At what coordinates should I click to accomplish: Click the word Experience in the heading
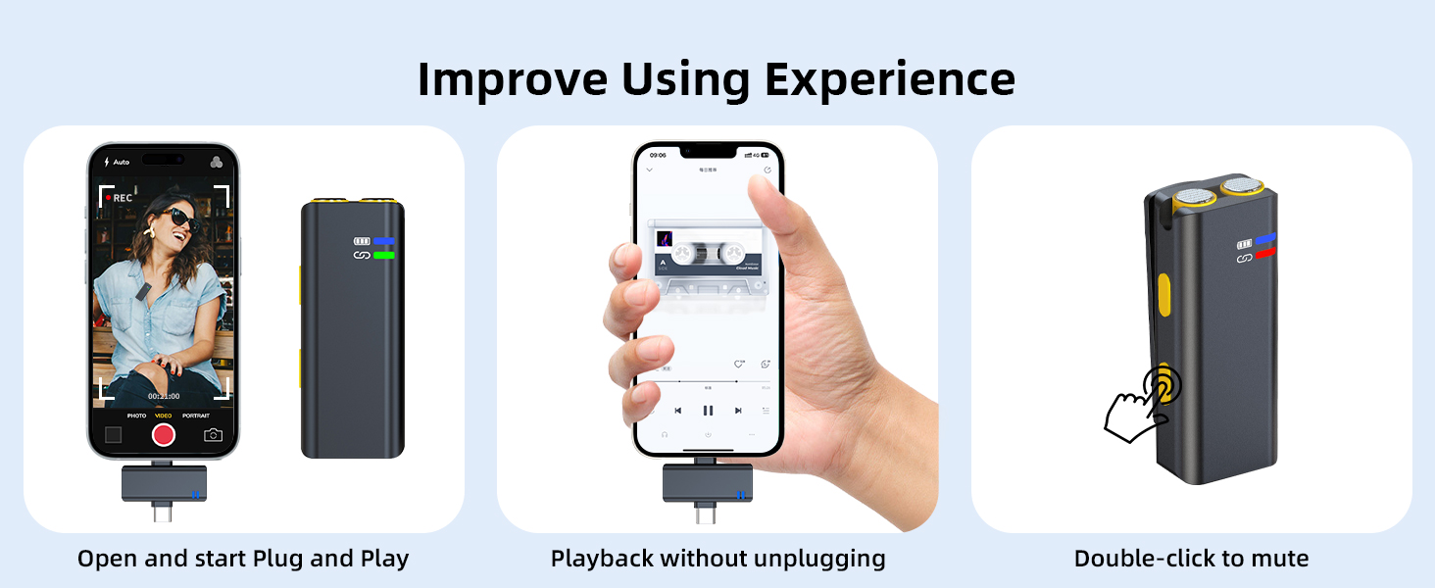[890, 79]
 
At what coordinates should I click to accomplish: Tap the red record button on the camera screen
[163, 434]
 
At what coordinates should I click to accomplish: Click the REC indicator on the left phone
[121, 198]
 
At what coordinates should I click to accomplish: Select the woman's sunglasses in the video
[185, 219]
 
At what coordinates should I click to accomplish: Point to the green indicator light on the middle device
[383, 256]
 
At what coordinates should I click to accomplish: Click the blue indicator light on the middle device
[383, 241]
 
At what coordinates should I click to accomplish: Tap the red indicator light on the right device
[1265, 254]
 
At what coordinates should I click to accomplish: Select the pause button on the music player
[708, 411]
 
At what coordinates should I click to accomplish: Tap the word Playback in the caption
[601, 560]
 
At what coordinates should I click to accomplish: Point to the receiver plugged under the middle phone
[707, 483]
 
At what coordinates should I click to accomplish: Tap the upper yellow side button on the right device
[1165, 295]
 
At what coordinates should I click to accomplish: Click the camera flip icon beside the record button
[213, 435]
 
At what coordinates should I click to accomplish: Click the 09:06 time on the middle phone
[657, 155]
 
